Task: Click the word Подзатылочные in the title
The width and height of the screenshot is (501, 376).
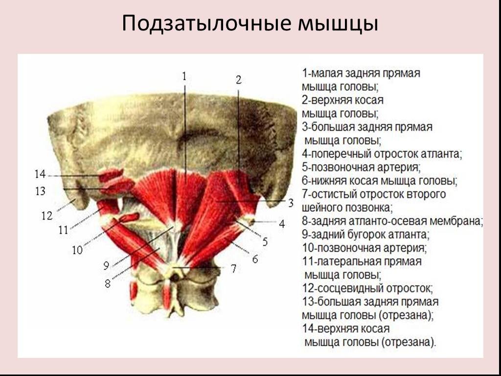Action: tap(206, 23)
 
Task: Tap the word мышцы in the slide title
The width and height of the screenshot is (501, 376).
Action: tap(338, 25)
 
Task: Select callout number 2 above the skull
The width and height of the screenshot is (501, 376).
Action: tap(238, 80)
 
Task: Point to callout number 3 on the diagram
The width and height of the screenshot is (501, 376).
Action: tap(291, 203)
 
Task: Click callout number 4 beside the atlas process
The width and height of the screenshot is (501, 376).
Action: tap(282, 224)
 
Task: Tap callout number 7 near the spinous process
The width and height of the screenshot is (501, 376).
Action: tap(234, 269)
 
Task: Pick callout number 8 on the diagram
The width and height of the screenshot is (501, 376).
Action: tap(108, 283)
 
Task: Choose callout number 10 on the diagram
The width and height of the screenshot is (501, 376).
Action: tap(77, 250)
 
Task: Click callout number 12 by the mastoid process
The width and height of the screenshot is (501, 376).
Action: tap(47, 216)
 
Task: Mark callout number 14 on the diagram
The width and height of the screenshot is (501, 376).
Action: tap(40, 174)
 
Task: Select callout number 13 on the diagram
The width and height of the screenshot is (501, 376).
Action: tap(41, 191)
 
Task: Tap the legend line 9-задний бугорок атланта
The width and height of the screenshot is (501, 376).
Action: tap(366, 235)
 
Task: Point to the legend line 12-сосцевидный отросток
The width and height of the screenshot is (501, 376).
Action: tap(367, 288)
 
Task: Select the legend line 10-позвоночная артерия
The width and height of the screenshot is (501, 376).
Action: tap(364, 248)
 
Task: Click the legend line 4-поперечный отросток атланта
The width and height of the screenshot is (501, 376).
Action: tap(382, 154)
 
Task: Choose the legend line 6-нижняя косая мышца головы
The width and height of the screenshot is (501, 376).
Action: tap(380, 181)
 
